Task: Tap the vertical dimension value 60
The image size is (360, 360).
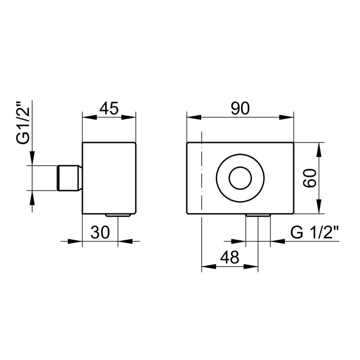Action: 310,178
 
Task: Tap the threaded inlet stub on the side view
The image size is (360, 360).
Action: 69,178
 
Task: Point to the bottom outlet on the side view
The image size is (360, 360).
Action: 118,215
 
